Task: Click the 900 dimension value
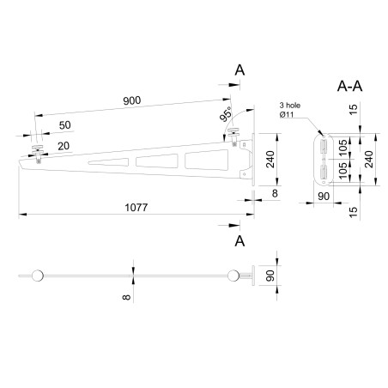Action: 131,101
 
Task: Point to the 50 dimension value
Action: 65,125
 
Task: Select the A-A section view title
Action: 349,87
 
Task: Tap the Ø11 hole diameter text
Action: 288,116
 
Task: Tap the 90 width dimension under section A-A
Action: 324,196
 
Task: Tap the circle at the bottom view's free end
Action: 36,276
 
